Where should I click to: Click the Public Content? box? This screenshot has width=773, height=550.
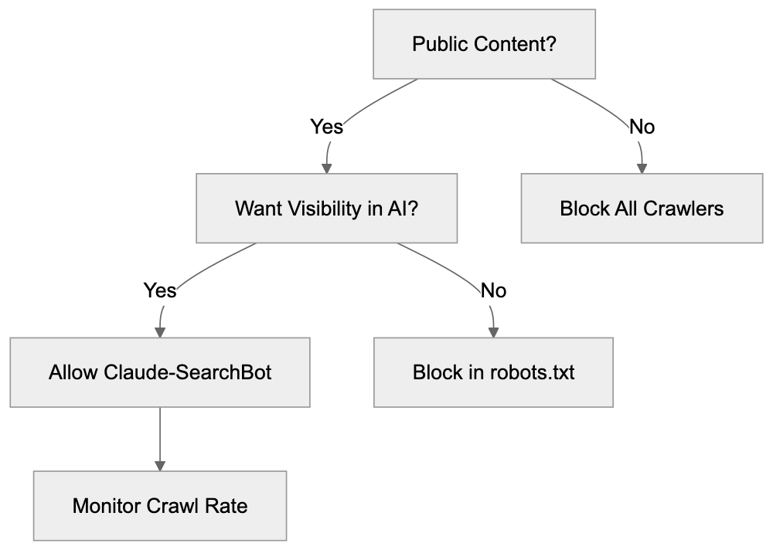click(x=485, y=44)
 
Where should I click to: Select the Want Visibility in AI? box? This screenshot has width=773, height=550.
click(x=326, y=208)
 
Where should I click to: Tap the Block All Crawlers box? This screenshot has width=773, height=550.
click(x=642, y=208)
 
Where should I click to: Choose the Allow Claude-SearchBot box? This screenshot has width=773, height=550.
click(x=160, y=372)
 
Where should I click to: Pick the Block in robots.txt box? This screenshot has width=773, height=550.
click(x=493, y=372)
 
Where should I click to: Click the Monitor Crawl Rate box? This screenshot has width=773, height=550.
click(x=160, y=506)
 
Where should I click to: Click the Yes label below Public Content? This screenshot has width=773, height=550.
click(x=326, y=126)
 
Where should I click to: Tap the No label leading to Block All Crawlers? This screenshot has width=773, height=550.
click(x=642, y=126)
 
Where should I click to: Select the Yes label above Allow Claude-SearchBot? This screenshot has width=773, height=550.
click(x=160, y=290)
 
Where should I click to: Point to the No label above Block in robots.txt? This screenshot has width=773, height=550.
click(x=493, y=290)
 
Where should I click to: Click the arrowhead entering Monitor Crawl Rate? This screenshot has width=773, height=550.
click(x=160, y=466)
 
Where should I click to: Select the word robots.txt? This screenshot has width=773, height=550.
click(x=533, y=372)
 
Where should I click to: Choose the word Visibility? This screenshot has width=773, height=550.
click(x=322, y=208)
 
